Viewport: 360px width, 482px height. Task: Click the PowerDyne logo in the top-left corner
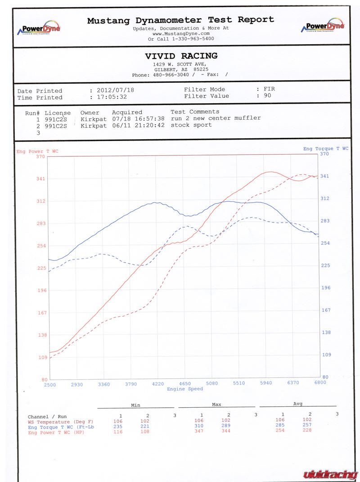click(38, 28)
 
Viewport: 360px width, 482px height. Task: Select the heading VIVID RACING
click(181, 56)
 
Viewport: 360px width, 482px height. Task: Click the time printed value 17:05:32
click(112, 97)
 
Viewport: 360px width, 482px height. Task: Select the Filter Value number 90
click(267, 95)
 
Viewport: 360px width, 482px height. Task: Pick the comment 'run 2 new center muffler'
click(216, 118)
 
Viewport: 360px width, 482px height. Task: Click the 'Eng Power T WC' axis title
click(37, 151)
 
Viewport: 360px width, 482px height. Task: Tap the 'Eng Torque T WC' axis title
click(325, 149)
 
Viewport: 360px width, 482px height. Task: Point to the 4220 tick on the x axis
click(157, 383)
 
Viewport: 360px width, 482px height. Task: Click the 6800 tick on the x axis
click(320, 383)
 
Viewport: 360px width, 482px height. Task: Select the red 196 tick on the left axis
click(41, 291)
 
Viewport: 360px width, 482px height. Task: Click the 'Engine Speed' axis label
click(185, 389)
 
